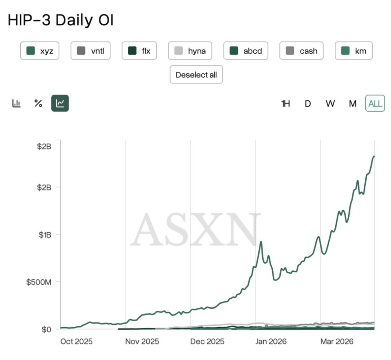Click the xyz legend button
[x=40, y=51]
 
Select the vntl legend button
[x=90, y=51]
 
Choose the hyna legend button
[x=190, y=51]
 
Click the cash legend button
[x=301, y=51]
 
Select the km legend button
[x=354, y=51]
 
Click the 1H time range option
[x=285, y=103]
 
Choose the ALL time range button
[x=375, y=103]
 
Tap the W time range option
[x=330, y=103]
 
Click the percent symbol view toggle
[x=38, y=103]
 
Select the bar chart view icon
[x=17, y=103]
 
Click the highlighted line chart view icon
[x=60, y=103]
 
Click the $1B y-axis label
[x=45, y=235]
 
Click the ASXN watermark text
[x=195, y=230]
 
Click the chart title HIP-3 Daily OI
[x=61, y=21]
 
